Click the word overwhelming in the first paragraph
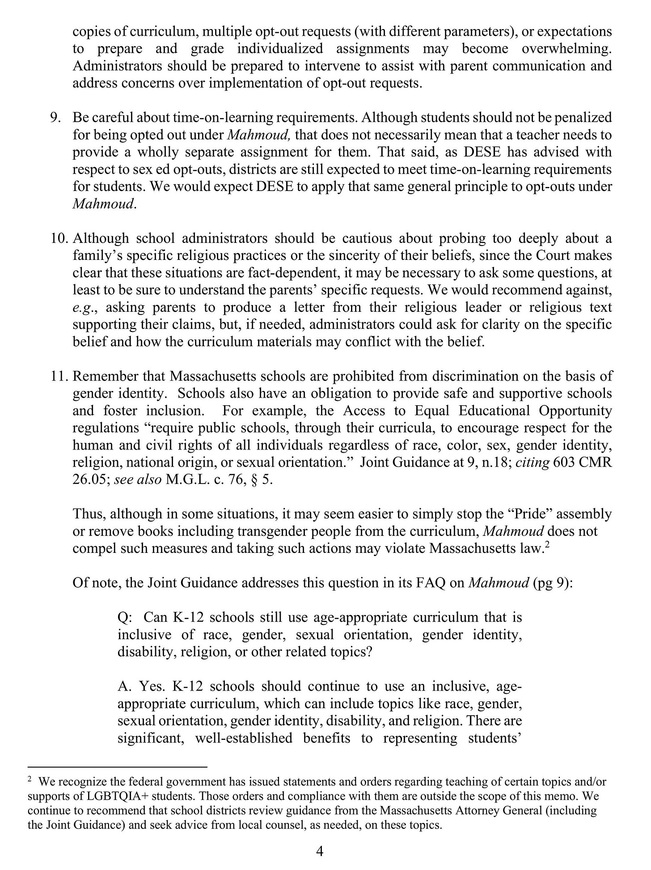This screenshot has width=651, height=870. point(566,49)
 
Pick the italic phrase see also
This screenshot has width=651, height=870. point(138,480)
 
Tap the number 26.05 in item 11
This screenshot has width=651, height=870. point(89,480)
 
